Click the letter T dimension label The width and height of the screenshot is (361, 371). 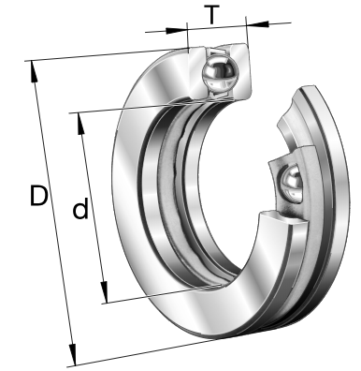tap(212, 15)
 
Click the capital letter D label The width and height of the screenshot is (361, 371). tap(38, 196)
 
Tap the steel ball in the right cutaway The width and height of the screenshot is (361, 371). tap(292, 184)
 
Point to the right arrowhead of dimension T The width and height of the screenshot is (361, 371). tap(257, 24)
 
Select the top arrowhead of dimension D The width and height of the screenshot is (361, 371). tap(34, 71)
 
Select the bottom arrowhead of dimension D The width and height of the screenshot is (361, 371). tap(73, 354)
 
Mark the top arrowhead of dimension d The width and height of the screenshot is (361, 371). tap(80, 124)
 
